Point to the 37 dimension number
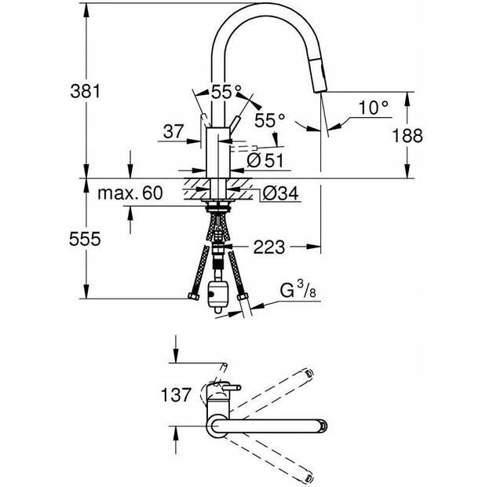click(173, 133)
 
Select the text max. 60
click(130, 192)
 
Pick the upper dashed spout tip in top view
click(309, 372)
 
